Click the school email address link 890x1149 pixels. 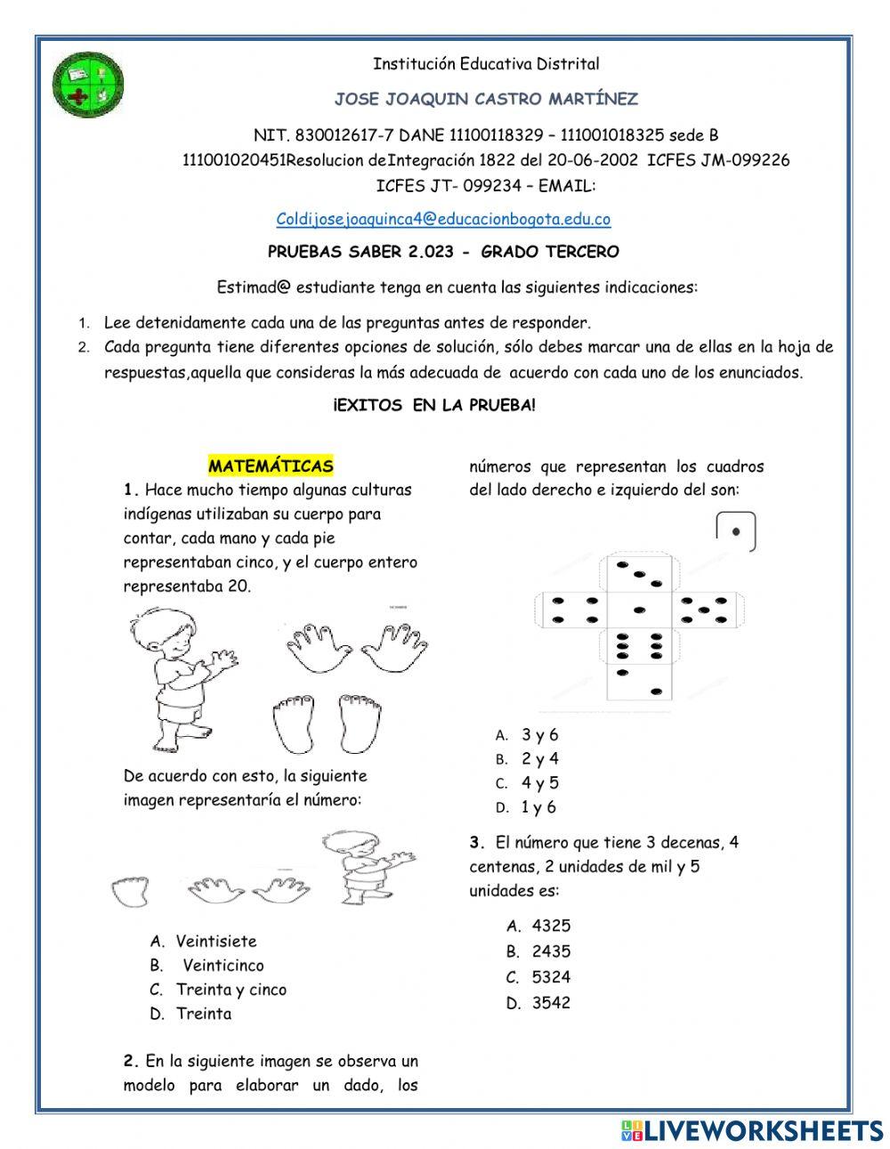click(x=443, y=219)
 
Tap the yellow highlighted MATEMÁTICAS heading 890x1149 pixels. click(x=271, y=465)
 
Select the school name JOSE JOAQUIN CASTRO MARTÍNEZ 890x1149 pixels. click(x=485, y=99)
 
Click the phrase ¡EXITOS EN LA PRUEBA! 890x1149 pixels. click(x=434, y=406)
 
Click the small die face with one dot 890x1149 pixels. click(x=735, y=531)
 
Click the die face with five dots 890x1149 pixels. click(x=704, y=610)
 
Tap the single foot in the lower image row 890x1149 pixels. click(x=133, y=891)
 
